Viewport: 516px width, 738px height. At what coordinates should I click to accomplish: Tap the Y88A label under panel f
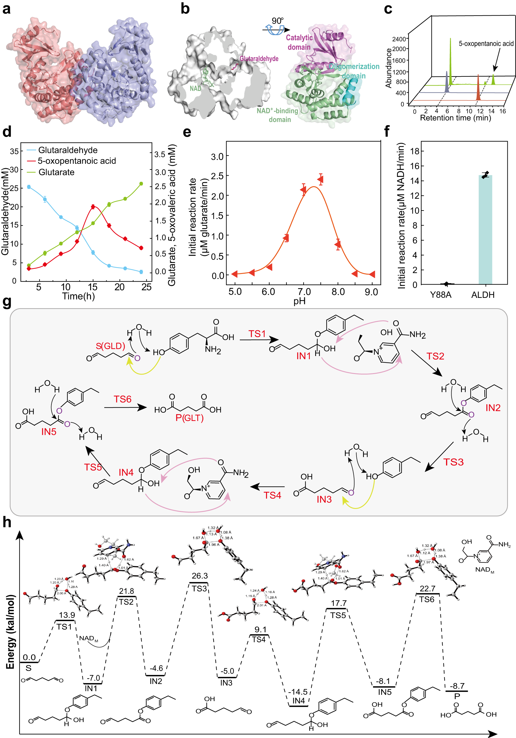(440, 295)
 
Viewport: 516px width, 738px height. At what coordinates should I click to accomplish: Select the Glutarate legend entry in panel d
(56, 172)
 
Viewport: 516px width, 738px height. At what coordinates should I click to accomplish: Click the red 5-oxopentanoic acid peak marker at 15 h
(93, 207)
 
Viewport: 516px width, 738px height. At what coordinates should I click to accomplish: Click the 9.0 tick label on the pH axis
(371, 292)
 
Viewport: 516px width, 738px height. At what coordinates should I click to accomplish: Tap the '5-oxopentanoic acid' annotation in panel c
(486, 43)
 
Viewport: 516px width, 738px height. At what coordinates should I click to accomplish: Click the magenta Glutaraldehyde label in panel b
(259, 58)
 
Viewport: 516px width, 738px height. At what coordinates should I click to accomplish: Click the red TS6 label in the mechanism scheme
(122, 399)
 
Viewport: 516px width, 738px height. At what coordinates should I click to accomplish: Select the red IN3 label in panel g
(324, 499)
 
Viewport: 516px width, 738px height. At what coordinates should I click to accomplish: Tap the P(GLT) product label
(190, 418)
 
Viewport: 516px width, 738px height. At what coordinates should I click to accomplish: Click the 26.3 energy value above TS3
(199, 576)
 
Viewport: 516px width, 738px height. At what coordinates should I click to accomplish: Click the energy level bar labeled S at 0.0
(29, 662)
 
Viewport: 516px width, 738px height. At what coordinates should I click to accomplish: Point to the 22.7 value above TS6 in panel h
(427, 589)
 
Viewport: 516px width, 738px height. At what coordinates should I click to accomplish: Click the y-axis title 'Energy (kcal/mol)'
(10, 632)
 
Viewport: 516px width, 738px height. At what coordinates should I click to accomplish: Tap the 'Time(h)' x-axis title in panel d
(78, 296)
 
